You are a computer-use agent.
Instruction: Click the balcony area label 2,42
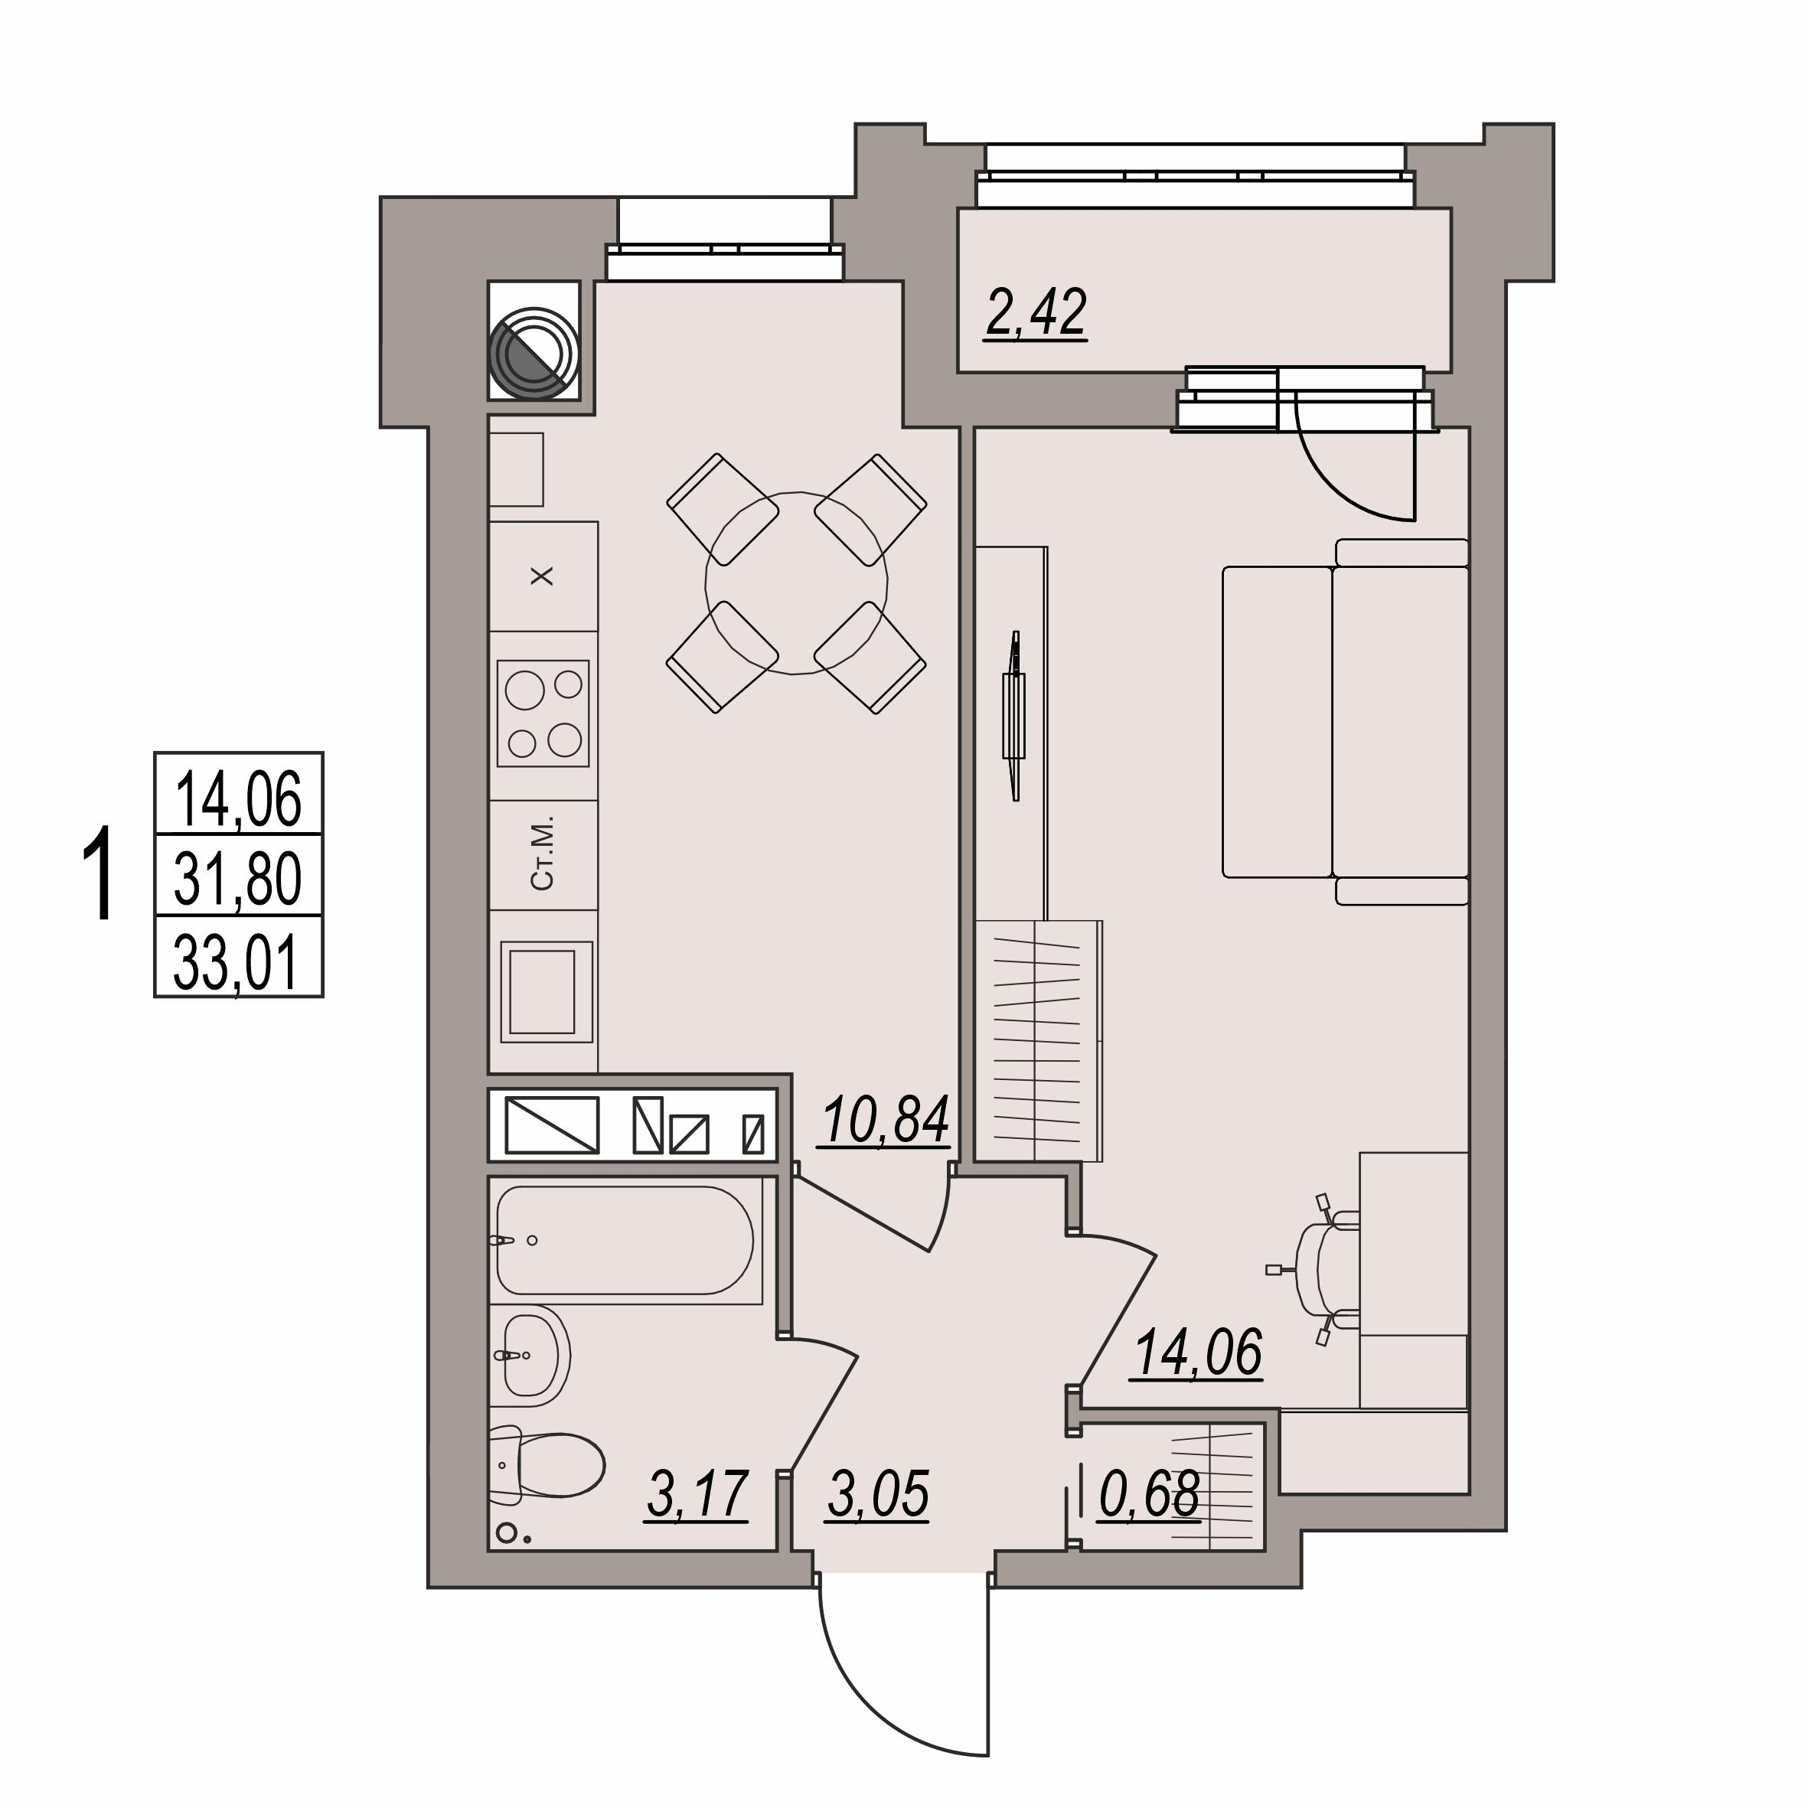pos(1035,315)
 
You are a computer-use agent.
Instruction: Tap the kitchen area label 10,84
pos(886,1119)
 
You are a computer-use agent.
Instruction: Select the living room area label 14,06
pos(1198,1353)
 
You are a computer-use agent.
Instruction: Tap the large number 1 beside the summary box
pos(98,875)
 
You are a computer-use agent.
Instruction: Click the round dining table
pos(796,583)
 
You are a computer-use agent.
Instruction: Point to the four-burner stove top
pos(543,713)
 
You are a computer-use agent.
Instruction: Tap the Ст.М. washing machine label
pos(543,853)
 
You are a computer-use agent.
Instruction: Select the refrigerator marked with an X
pos(543,576)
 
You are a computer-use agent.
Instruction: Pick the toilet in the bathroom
pos(547,1467)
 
